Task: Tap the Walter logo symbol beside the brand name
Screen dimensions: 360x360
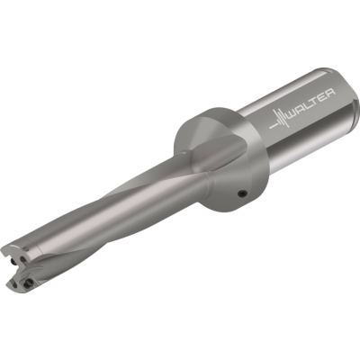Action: tap(279, 120)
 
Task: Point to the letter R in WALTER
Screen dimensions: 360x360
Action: tap(330, 92)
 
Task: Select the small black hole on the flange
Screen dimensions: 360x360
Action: tap(242, 194)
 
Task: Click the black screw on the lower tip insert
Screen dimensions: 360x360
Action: tap(29, 282)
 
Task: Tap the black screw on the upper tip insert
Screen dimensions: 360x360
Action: tap(13, 262)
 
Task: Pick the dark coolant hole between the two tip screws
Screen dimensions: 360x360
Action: tap(22, 260)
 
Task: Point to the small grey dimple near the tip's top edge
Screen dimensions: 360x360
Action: tap(26, 248)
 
